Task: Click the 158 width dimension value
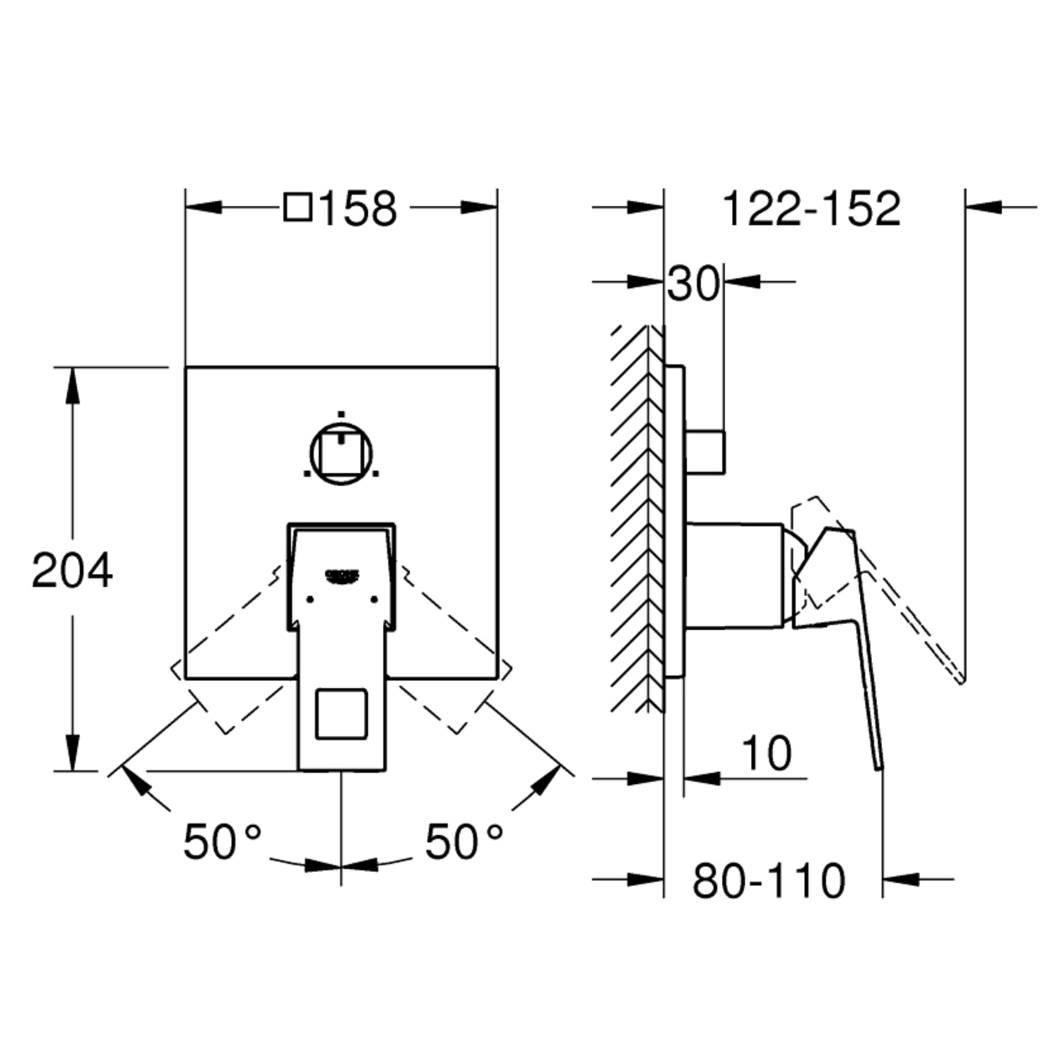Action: pyautogui.click(x=358, y=208)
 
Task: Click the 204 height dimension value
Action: pyautogui.click(x=72, y=570)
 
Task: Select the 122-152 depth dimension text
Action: pyautogui.click(x=811, y=208)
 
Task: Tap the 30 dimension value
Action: pyautogui.click(x=694, y=283)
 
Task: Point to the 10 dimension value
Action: pyautogui.click(x=766, y=754)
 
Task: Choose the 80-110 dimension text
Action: pyautogui.click(x=769, y=881)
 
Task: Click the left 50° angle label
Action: pyautogui.click(x=222, y=841)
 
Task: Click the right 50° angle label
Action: pyautogui.click(x=464, y=841)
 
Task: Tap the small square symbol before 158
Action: pyautogui.click(x=298, y=207)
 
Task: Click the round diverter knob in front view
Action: pyautogui.click(x=341, y=453)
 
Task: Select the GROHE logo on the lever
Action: pyautogui.click(x=343, y=574)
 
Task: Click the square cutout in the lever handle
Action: pyautogui.click(x=342, y=714)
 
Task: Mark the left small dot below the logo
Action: pyautogui.click(x=310, y=600)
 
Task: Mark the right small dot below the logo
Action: pyautogui.click(x=374, y=600)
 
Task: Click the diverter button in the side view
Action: pyautogui.click(x=705, y=452)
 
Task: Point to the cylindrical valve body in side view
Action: pyautogui.click(x=734, y=576)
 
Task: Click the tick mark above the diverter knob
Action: pyautogui.click(x=341, y=414)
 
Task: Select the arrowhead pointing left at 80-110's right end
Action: pyautogui.click(x=901, y=879)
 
